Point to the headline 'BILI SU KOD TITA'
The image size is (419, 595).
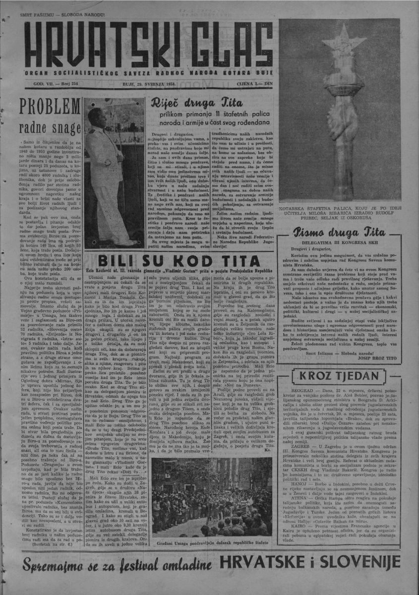tap(178, 261)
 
